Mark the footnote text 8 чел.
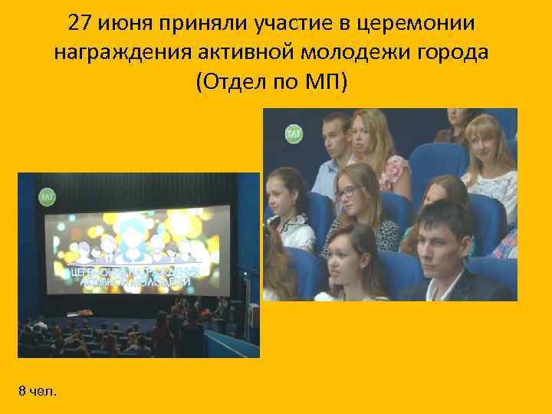pyautogui.click(x=37, y=392)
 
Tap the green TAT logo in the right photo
pyautogui.click(x=294, y=133)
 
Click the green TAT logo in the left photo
pyautogui.click(x=47, y=197)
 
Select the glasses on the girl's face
pyautogui.click(x=350, y=192)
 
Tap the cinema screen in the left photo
pyautogui.click(x=135, y=249)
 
